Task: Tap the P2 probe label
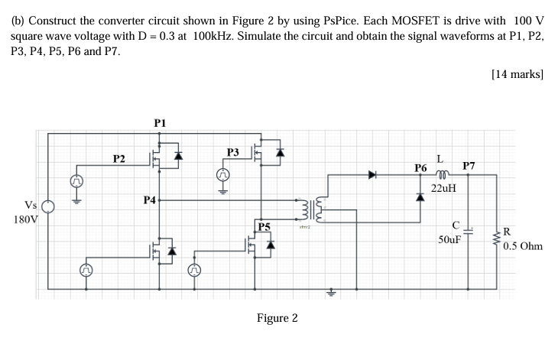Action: tap(118, 159)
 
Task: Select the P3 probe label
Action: tap(233, 153)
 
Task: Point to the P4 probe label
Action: tap(149, 199)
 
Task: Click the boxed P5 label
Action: tap(264, 226)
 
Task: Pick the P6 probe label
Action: tap(420, 167)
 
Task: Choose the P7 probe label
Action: tap(469, 165)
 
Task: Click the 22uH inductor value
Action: tap(444, 187)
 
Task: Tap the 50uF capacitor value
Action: tap(449, 239)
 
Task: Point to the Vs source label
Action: tap(31, 205)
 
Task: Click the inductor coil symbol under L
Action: tap(442, 174)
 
